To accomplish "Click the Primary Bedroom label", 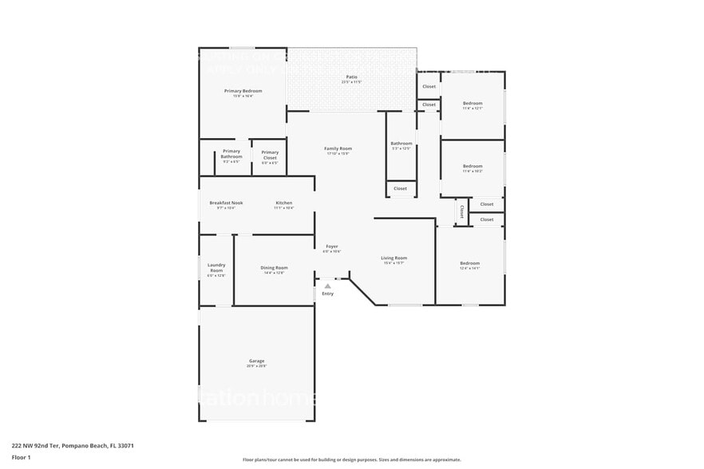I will (243, 91).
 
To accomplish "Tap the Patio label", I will (351, 77).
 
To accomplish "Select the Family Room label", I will (338, 148).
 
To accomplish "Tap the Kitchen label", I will (284, 203).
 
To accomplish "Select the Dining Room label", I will (274, 268).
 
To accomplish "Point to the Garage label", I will (256, 361).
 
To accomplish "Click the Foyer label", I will (331, 246).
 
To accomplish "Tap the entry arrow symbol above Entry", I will (327, 285).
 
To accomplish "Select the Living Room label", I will (394, 258).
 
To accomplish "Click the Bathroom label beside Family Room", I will (401, 144).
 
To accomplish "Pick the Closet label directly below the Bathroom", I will (400, 189).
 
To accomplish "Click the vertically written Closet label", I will (461, 212).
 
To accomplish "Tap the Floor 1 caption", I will (21, 458).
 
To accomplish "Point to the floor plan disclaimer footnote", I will (351, 459).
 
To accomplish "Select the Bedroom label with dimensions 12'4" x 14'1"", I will (469, 263).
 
